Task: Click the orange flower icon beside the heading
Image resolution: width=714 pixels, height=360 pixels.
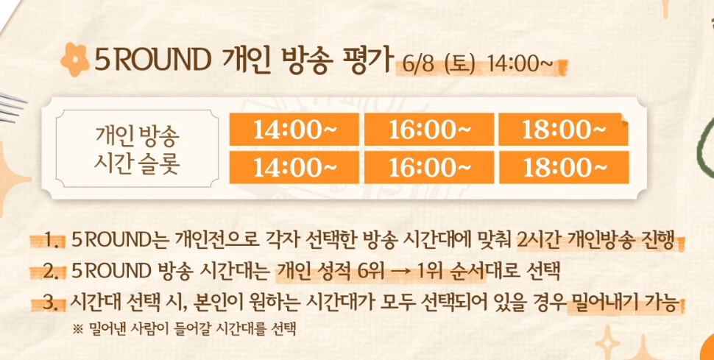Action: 74,59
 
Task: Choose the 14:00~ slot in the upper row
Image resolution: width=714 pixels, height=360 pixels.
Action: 294,130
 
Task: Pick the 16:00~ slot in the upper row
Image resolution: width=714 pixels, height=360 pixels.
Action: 429,130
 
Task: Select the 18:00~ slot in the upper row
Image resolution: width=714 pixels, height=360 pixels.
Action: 564,130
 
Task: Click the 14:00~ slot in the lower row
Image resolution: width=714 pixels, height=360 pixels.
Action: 294,167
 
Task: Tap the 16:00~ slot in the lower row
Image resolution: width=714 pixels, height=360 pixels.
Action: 429,167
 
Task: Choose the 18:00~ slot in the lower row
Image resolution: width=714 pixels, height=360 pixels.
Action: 564,167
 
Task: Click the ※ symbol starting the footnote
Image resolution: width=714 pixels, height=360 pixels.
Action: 78,328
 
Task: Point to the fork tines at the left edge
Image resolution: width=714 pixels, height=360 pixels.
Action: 12,106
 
